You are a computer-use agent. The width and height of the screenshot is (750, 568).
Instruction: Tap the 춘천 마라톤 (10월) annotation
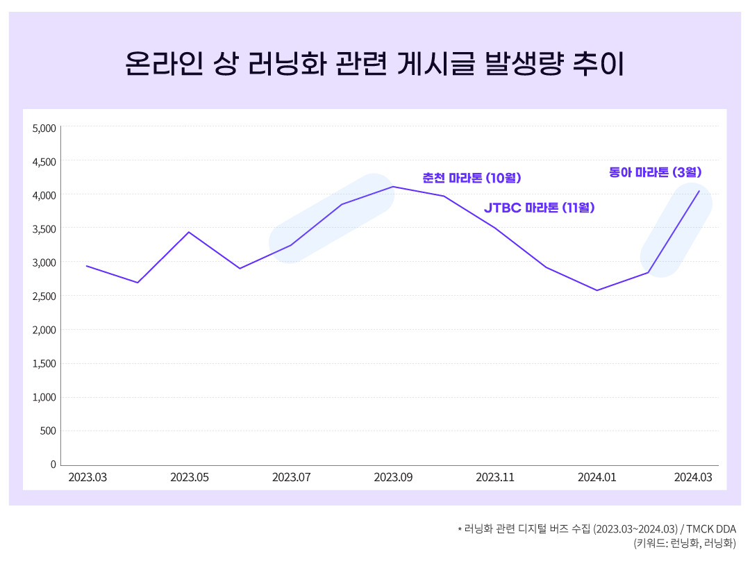pos(472,178)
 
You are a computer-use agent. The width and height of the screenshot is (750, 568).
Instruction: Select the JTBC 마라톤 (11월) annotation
pos(539,208)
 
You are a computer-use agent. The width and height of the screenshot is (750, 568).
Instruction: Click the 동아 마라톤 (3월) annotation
pos(656,172)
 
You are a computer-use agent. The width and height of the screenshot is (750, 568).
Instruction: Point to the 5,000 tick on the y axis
pos(44,128)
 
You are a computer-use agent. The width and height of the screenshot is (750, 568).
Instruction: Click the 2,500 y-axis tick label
pos(44,296)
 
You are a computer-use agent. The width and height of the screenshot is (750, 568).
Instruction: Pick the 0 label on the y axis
pos(53,465)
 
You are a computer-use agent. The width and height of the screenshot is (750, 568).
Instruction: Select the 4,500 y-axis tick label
pos(44,162)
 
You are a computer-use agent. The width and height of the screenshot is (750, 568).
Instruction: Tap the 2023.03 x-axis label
pos(87,478)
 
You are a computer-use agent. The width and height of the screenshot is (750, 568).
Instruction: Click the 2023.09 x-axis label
pos(393,478)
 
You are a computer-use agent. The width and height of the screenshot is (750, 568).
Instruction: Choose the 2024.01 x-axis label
pos(597,478)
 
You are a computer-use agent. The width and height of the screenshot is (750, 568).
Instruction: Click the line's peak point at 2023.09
pos(393,186)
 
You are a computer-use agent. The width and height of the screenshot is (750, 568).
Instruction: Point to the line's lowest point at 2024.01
pos(597,290)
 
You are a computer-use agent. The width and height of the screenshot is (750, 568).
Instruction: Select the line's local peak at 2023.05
pos(189,232)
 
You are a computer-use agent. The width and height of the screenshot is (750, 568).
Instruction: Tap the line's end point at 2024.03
pos(699,191)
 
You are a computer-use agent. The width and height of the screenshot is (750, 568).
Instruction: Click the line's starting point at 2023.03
pos(87,266)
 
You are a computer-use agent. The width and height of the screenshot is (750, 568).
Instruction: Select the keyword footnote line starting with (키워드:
pos(684,544)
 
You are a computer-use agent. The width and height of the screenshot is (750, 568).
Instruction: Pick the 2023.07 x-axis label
pos(291,478)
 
